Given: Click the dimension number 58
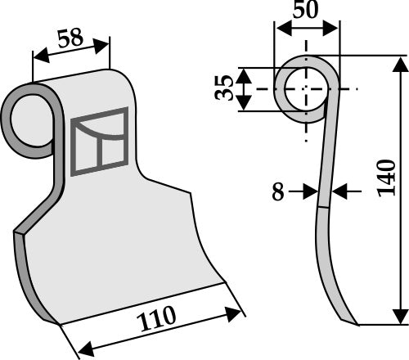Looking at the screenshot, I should (x=71, y=38).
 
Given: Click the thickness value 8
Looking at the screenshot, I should (x=278, y=193).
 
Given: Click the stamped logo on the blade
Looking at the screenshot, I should (x=99, y=142).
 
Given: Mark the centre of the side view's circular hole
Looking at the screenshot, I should (x=306, y=88).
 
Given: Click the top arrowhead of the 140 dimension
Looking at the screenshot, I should (x=400, y=64).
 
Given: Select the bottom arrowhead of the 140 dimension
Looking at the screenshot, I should (x=400, y=318).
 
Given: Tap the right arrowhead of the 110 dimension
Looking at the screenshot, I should (x=238, y=311).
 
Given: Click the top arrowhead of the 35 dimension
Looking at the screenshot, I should (x=246, y=72).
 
